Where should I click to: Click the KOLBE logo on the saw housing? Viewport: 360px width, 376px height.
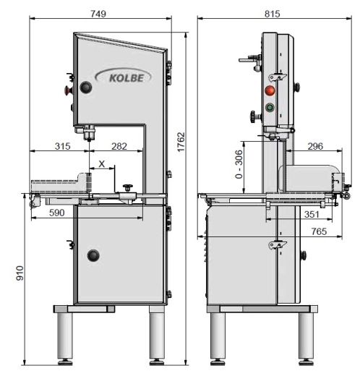point(124,77)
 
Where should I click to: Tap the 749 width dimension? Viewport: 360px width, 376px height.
point(98,14)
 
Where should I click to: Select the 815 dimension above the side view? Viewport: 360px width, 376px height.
point(273,14)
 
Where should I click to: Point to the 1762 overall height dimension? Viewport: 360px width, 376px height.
point(181,142)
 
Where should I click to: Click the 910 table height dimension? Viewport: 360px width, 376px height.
point(20,273)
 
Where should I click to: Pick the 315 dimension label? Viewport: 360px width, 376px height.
point(63,146)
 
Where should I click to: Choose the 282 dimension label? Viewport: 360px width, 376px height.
point(119,146)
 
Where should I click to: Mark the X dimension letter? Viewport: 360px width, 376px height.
point(102,164)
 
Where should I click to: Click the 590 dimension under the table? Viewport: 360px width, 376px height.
point(57,213)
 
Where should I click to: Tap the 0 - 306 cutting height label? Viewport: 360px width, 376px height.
point(239,164)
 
